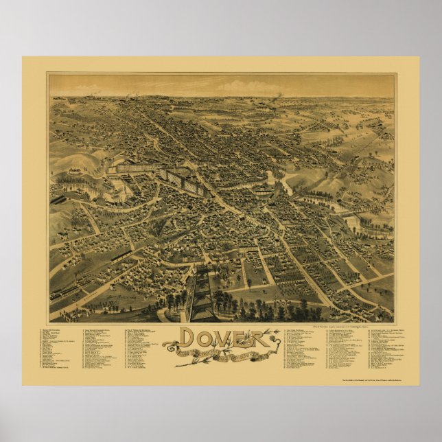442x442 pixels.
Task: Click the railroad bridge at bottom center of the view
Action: (204, 292)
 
